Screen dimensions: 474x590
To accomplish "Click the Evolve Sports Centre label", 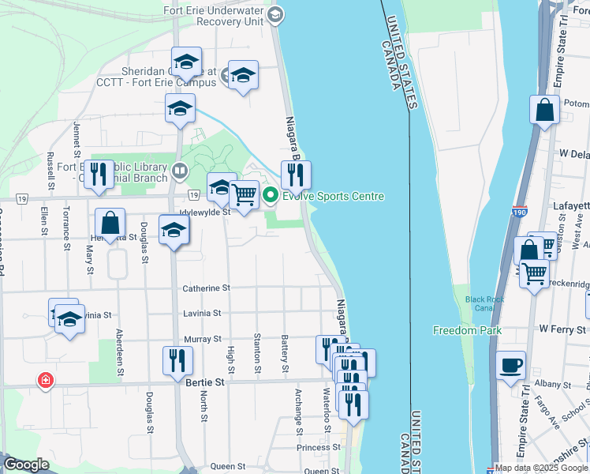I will [x=333, y=197].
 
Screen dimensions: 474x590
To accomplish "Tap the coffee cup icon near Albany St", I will [x=511, y=364].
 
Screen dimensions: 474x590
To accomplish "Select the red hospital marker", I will [x=46, y=381].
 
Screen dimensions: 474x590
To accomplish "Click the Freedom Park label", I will [x=467, y=330].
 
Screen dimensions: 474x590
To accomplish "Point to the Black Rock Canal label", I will [x=484, y=304].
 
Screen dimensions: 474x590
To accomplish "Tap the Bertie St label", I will [x=205, y=382].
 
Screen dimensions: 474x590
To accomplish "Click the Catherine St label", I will [x=206, y=289].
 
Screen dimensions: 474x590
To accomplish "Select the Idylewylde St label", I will [x=204, y=212].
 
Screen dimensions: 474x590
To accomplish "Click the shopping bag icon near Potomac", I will [x=545, y=110].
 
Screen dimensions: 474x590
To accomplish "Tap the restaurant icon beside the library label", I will [x=98, y=175].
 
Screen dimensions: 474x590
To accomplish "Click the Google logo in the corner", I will [x=27, y=465].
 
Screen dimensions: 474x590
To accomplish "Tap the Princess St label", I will [x=319, y=447].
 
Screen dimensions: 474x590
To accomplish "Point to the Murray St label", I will [x=202, y=339].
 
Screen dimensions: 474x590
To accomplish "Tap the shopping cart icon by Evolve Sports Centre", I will [x=245, y=194].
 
